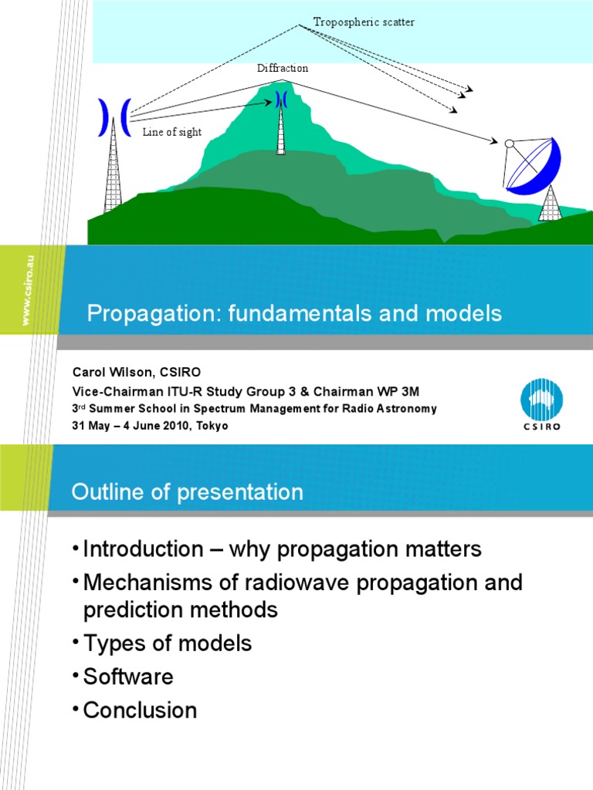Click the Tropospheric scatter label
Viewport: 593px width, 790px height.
(364, 22)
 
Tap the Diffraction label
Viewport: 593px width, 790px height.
(283, 69)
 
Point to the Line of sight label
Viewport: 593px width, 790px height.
(171, 132)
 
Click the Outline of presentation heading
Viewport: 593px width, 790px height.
(188, 492)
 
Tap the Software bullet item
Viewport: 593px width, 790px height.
(128, 677)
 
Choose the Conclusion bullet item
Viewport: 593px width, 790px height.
(140, 710)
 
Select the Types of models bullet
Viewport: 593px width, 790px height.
(168, 643)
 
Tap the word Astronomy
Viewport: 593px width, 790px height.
(407, 409)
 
